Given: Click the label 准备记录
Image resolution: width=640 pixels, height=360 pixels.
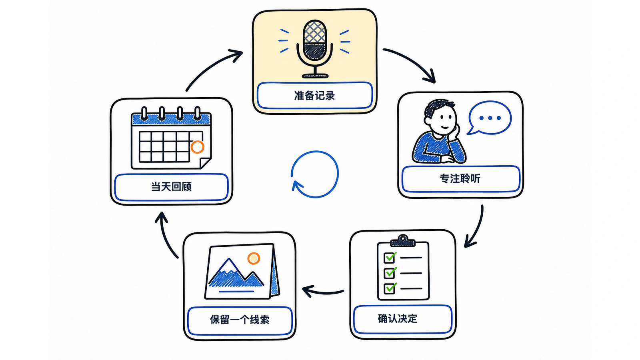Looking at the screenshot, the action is (314, 96).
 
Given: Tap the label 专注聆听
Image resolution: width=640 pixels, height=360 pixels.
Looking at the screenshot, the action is (460, 178).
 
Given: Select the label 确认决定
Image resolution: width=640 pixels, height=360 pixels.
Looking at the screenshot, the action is (398, 318).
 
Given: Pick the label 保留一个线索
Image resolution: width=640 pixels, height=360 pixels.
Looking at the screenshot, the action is (240, 320).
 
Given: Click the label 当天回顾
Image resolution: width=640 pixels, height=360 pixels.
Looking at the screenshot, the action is (171, 186).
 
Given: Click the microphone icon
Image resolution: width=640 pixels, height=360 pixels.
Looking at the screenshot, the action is (314, 49).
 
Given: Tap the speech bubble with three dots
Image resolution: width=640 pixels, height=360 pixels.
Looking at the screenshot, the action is (489, 118).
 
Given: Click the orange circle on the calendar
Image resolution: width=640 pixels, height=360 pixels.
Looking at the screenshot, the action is (198, 147).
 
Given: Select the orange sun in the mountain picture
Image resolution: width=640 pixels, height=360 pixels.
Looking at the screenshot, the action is (254, 258).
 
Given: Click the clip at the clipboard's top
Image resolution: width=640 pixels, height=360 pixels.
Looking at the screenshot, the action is (403, 241).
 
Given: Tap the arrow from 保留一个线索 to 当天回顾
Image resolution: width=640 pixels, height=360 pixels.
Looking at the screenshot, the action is (165, 236).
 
